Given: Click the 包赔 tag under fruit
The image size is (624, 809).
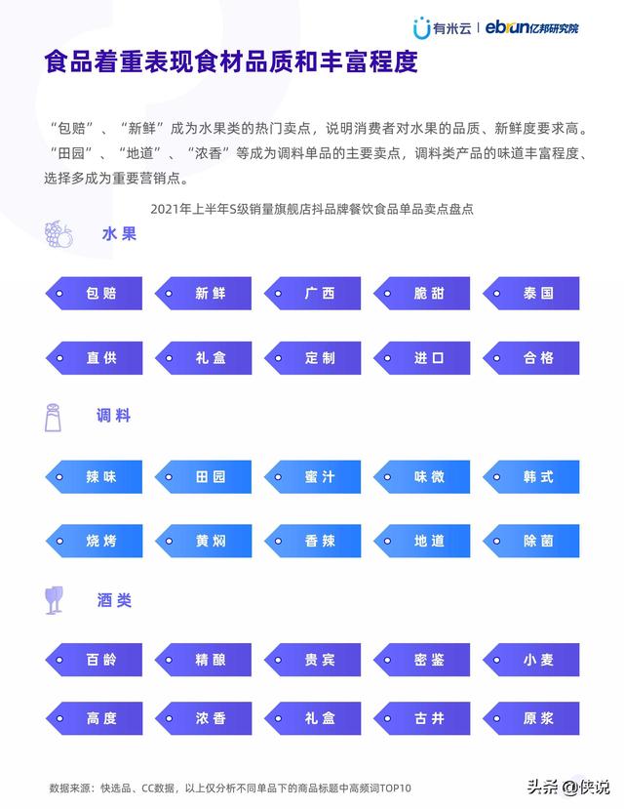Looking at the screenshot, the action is click(x=94, y=293).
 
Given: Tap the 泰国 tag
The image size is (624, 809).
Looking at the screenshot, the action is click(x=531, y=293).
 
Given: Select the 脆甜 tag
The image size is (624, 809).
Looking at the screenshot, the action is click(x=421, y=293).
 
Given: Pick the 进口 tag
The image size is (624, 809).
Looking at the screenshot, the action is click(x=421, y=357).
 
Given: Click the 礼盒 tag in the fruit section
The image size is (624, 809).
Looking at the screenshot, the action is click(x=203, y=357).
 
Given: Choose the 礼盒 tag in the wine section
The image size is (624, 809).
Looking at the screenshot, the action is click(x=312, y=717).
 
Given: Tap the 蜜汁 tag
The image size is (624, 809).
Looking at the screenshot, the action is click(x=312, y=476).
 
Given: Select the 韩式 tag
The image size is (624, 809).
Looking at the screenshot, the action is click(x=531, y=476).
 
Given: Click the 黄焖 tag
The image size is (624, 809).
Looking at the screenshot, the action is click(x=203, y=541).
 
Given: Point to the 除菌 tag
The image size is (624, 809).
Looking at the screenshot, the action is click(x=531, y=541).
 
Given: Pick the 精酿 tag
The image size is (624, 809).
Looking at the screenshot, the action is click(x=203, y=660).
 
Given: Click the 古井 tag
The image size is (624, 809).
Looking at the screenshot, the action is click(x=421, y=717).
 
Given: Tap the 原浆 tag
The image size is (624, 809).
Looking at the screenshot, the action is click(x=531, y=717).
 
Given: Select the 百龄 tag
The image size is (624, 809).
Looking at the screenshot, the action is click(x=94, y=660).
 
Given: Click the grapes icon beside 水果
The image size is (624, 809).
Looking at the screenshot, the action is click(x=58, y=234).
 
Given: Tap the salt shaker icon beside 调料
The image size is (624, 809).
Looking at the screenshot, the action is click(x=53, y=418).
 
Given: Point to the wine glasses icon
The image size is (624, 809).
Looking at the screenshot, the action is click(x=54, y=600).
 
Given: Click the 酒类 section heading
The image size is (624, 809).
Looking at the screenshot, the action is click(x=114, y=600).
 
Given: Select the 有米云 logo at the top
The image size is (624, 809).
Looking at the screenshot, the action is click(x=442, y=28).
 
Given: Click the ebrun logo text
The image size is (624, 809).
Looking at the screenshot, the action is click(x=531, y=27).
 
